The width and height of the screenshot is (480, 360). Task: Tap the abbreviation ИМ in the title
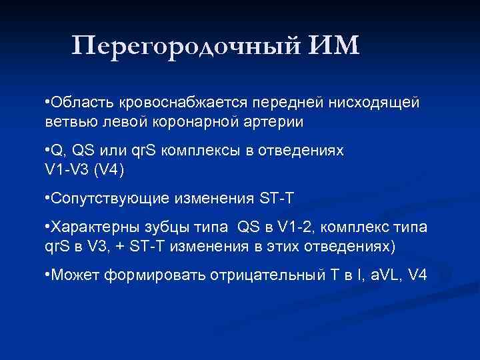333,46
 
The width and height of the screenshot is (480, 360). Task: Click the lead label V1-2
293,228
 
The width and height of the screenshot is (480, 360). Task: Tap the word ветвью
67,122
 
